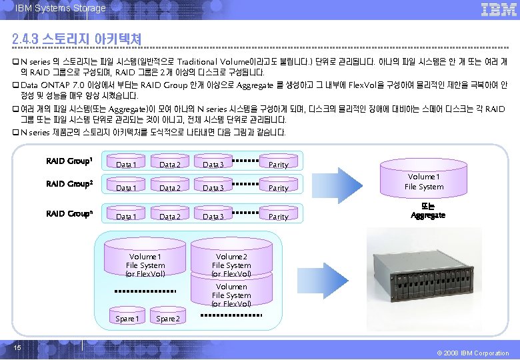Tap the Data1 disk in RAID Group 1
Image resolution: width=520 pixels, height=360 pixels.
pyautogui.click(x=127, y=164)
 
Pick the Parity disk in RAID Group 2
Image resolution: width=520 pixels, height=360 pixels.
pyautogui.click(x=278, y=188)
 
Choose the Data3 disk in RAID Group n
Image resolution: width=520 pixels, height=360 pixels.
pyautogui.click(x=213, y=216)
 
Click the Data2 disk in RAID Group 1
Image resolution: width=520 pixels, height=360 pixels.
pyautogui.click(x=170, y=164)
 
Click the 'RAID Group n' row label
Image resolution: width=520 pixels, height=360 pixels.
pyautogui.click(x=69, y=214)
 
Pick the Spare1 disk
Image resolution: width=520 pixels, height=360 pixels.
pyautogui.click(x=127, y=319)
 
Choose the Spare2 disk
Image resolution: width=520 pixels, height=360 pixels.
pyautogui.click(x=167, y=319)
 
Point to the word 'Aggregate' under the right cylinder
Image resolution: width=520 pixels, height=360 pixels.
pyautogui.click(x=427, y=215)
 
